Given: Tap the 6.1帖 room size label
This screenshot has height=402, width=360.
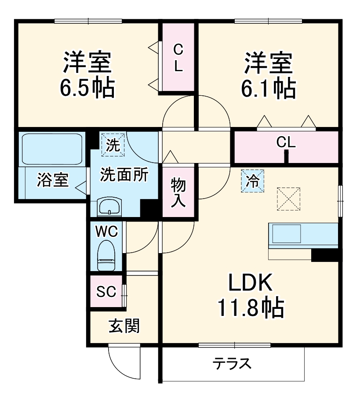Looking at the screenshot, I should click(x=267, y=89).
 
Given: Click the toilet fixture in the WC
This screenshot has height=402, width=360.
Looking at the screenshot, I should click(x=106, y=255).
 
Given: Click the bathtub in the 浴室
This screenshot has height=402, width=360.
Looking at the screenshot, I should click(x=52, y=148).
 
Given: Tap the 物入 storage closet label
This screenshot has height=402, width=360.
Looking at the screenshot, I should click(x=178, y=192).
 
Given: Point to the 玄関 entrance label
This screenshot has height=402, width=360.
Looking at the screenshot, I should click(x=124, y=326).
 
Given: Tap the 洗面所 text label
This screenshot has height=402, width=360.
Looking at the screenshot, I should click(x=124, y=174).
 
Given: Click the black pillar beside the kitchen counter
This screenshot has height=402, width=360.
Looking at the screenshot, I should click(x=324, y=255).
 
